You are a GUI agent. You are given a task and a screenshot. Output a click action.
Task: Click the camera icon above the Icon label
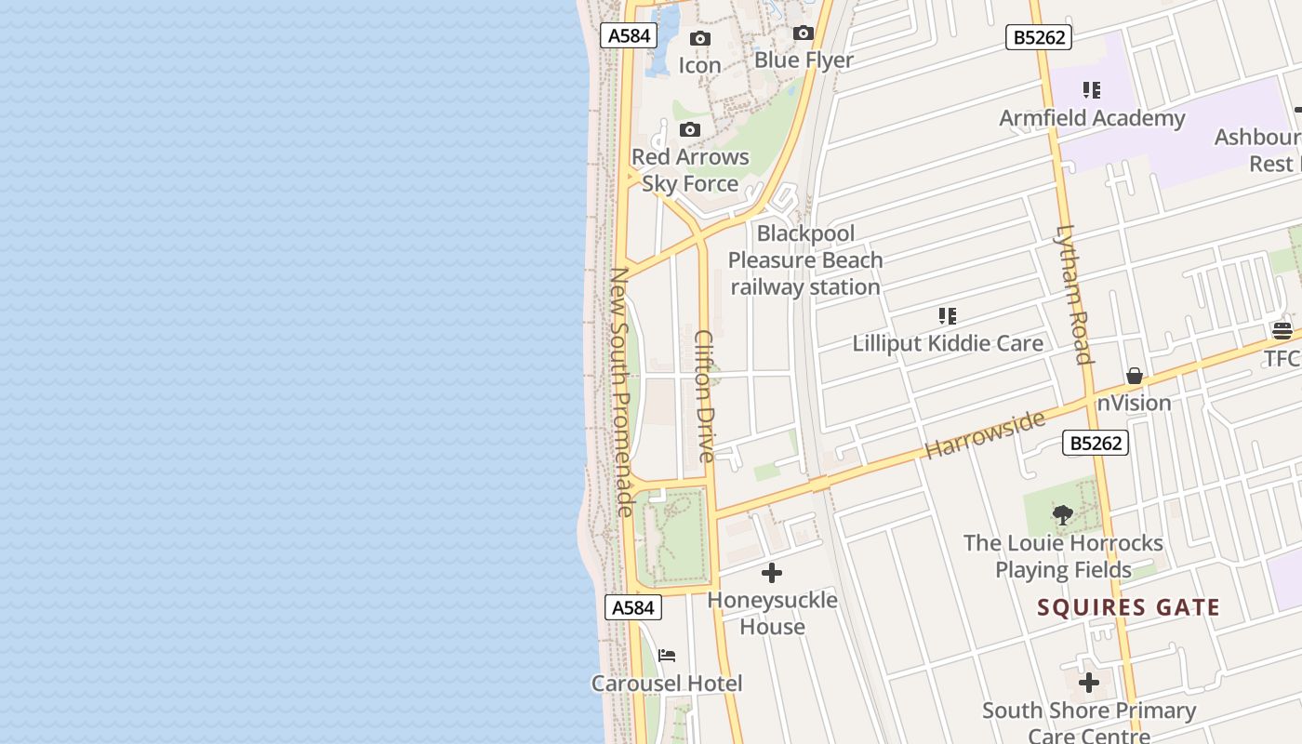(x=699, y=38)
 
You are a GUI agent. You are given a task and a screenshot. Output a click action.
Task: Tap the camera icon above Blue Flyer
(x=804, y=33)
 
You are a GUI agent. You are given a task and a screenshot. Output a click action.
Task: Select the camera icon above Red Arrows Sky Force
(x=689, y=129)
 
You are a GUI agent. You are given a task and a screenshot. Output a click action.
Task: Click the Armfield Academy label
(x=1092, y=118)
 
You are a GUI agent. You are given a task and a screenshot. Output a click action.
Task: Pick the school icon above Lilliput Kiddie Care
(x=947, y=316)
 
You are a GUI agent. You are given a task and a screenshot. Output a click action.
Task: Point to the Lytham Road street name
(x=1072, y=294)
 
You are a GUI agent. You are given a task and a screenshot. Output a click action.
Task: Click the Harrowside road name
(x=985, y=434)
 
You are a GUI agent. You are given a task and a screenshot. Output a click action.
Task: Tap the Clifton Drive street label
(x=705, y=396)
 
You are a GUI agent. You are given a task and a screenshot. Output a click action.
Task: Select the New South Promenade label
(x=620, y=392)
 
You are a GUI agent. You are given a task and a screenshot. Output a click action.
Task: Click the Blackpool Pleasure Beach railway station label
(x=805, y=260)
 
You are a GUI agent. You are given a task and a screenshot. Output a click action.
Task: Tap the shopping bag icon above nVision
(x=1134, y=376)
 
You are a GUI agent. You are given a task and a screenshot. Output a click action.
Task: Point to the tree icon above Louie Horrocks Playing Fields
(x=1062, y=515)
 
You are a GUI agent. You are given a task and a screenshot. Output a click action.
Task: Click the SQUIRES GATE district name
(x=1128, y=608)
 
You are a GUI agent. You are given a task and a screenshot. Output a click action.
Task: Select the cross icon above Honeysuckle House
(x=772, y=573)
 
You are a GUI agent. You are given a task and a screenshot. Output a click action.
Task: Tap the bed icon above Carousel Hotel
(x=667, y=656)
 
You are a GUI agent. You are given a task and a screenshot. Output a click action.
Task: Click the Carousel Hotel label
(x=667, y=684)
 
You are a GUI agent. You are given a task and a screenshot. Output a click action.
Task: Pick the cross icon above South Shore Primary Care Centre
(x=1089, y=683)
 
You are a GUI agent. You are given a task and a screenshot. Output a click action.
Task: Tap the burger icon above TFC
(x=1282, y=331)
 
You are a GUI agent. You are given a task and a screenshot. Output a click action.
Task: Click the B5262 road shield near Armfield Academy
(x=1039, y=37)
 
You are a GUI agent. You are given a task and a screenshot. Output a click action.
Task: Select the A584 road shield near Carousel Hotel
(x=633, y=607)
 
